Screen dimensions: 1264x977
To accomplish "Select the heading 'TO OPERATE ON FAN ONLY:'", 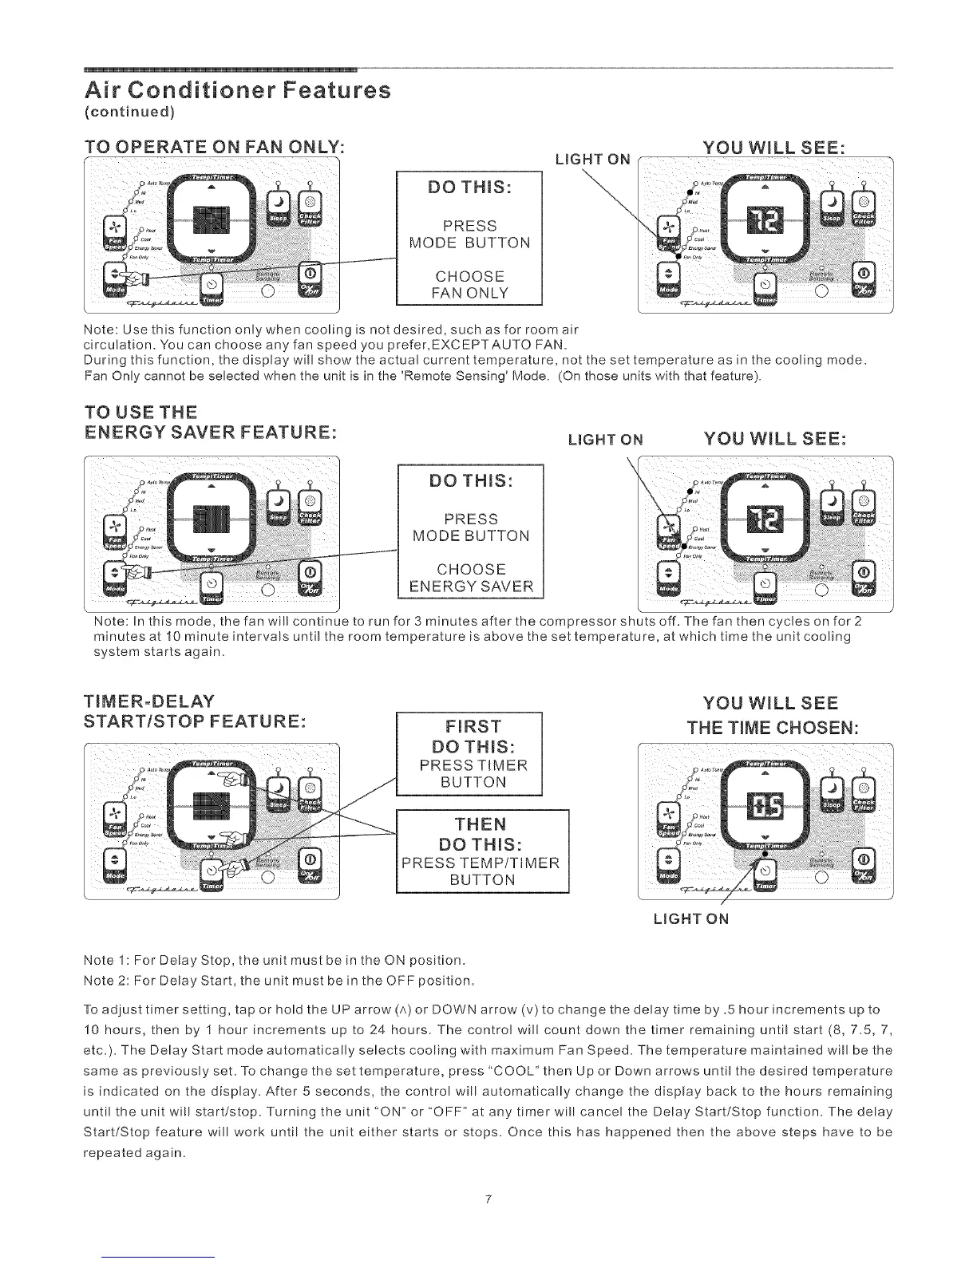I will [214, 148].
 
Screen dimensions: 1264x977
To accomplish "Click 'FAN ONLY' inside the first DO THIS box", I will [469, 293].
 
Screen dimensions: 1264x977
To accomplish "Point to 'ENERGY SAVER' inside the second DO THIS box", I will [470, 587].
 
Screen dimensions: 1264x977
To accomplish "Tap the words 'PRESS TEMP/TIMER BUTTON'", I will [481, 871].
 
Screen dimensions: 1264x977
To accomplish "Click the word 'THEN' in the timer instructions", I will [481, 824].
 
